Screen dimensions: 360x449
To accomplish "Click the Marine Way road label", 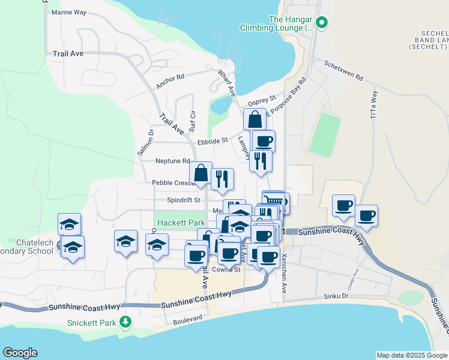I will pos(69,12).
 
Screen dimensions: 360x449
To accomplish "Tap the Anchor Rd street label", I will pos(170,82).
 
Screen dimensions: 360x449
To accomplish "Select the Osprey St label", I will pos(264,98).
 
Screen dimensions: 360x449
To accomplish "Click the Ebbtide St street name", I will pos(212,140).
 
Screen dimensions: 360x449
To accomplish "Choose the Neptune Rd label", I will pos(172,161).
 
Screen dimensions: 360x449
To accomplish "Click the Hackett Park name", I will pos(181,223).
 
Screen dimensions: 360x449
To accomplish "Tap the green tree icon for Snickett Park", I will pos(125,323).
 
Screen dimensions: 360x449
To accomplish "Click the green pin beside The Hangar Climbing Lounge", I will pos(321,24).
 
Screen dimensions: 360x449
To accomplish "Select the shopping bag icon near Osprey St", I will pos(255,119).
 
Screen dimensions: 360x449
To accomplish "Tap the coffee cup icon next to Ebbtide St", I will pos(263,142).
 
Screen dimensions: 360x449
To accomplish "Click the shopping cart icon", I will pos(274,200).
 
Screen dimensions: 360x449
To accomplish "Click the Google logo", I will pos(20,353).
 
